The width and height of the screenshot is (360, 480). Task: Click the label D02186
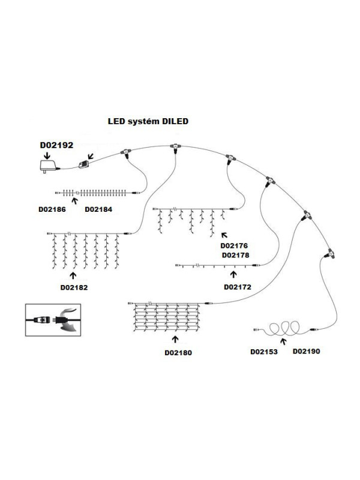click(x=52, y=209)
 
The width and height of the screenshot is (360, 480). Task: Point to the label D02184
click(x=99, y=209)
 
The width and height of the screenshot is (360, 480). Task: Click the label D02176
click(x=235, y=245)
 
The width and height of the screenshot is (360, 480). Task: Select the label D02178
click(x=235, y=254)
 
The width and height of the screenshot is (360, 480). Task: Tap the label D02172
click(x=238, y=287)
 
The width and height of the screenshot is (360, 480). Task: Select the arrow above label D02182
click(x=73, y=275)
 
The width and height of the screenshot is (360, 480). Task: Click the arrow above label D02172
click(x=233, y=275)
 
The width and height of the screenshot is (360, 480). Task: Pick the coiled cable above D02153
click(x=283, y=329)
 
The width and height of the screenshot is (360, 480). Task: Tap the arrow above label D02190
click(x=283, y=343)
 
